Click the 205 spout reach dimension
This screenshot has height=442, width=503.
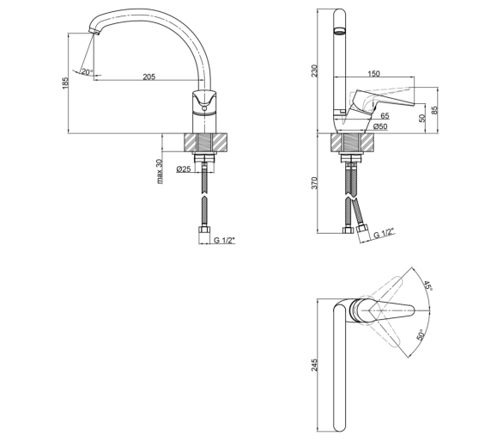pos(148,77)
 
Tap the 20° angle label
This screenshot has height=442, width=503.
pos(87,71)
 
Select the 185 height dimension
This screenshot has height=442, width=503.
pos(65,83)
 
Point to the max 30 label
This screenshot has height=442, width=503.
pos(160,172)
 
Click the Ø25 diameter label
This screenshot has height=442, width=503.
pos(184,169)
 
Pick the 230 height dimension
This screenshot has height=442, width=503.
pos(314,71)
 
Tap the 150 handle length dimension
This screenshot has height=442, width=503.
pos(373,74)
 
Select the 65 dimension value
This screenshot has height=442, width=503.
pos(385,115)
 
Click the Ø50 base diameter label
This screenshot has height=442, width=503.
pos(380,126)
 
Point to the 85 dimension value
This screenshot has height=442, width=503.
pos(434,110)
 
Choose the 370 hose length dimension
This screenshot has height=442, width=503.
pos(314,183)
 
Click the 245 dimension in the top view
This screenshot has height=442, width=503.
pos(314,365)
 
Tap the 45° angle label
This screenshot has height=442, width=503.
pos(428,285)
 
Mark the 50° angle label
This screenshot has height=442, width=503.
pos(421,335)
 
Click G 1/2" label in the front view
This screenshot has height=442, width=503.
pos(224,240)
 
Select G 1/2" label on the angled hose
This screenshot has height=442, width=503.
pos(384,233)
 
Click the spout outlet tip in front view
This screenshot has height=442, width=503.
pos(94,32)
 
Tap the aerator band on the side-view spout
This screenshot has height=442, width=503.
pos(339,31)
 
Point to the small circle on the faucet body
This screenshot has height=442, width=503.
pos(204,108)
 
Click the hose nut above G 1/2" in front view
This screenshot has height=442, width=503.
pos(204,230)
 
